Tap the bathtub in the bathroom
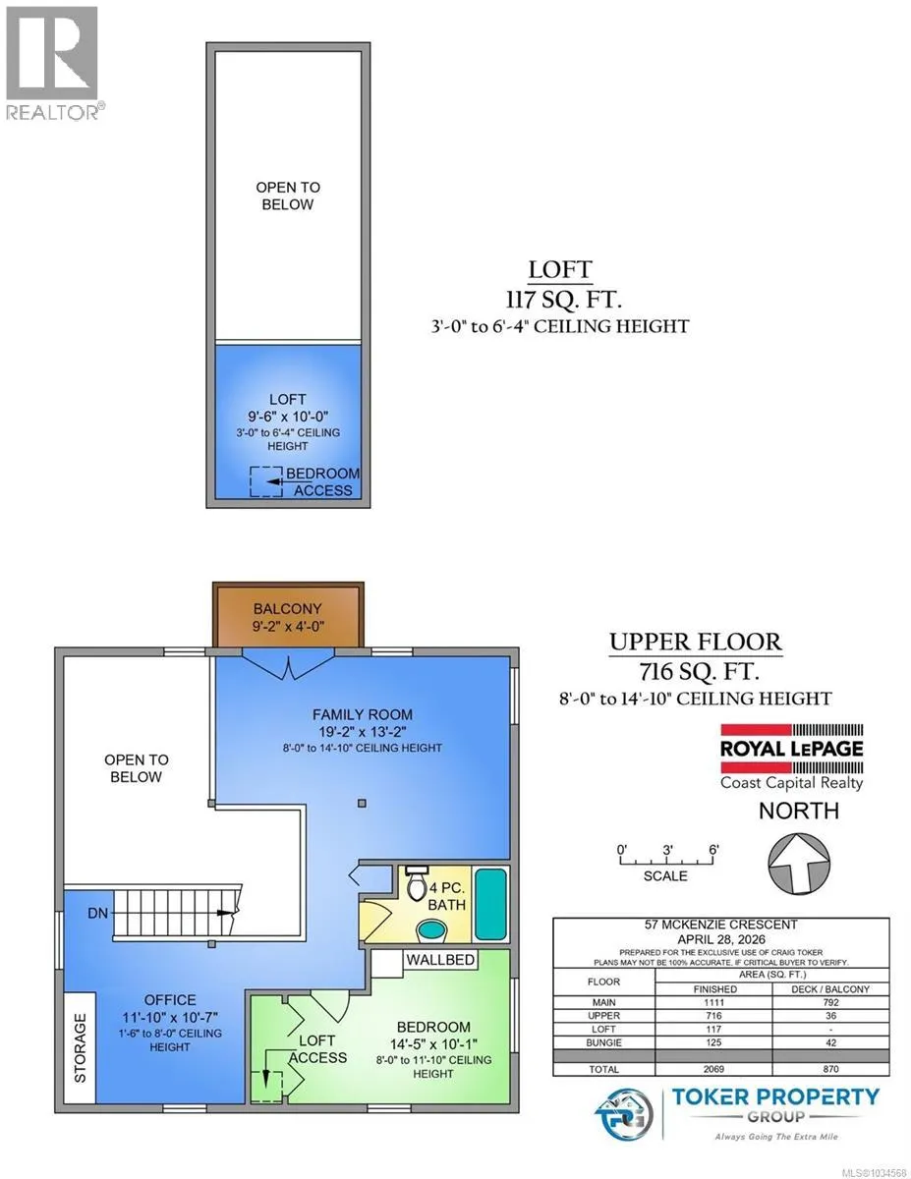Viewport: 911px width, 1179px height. [x=490, y=903]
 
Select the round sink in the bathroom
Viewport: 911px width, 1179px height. [x=431, y=930]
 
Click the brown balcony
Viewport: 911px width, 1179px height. [x=288, y=615]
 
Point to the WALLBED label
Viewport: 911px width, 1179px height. [x=440, y=959]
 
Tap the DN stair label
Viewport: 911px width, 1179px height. [x=97, y=913]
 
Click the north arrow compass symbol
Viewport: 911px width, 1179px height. [x=799, y=864]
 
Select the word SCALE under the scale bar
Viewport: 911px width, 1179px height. [x=665, y=875]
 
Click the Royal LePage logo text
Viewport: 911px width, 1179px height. [x=792, y=750]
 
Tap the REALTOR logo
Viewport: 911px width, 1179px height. [x=53, y=63]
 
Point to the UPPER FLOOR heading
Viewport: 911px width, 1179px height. [x=696, y=643]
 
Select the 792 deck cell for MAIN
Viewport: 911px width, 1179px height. [x=830, y=1002]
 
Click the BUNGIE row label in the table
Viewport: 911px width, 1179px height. [x=603, y=1042]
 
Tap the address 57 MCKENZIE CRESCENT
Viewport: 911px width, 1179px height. [x=721, y=925]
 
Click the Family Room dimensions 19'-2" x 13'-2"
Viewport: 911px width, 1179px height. [x=363, y=732]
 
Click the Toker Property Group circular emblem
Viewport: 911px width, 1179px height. [x=623, y=1114]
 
